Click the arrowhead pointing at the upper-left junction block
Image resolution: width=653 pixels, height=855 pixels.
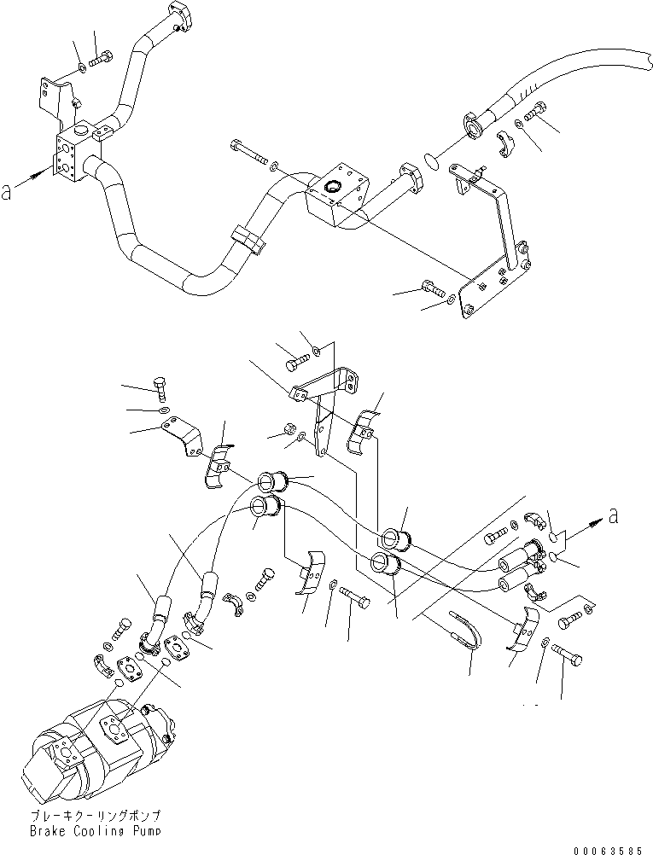point(43,175)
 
